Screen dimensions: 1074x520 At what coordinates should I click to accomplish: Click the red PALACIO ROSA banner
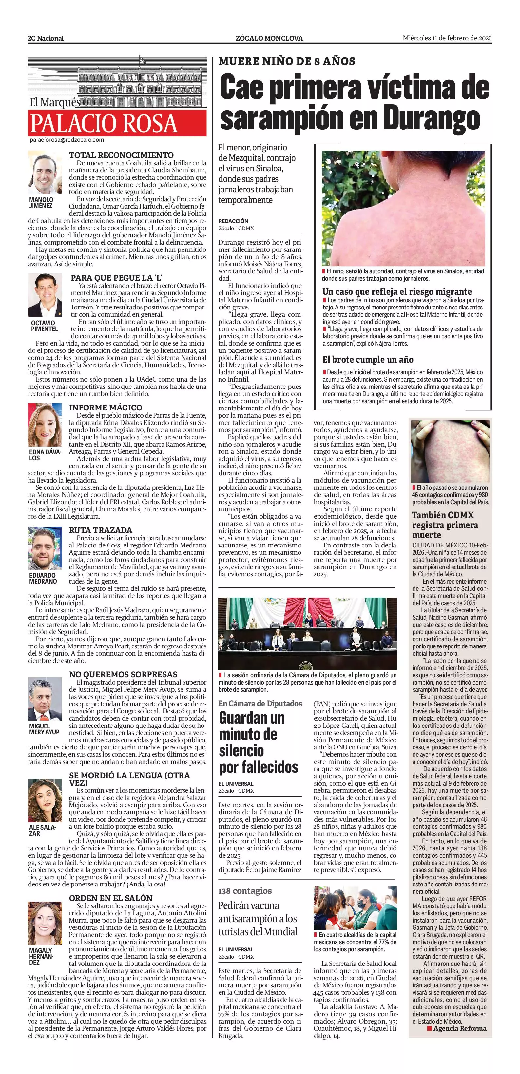117,123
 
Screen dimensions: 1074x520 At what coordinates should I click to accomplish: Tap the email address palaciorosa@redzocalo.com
67,140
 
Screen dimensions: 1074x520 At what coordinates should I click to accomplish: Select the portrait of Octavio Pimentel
45,295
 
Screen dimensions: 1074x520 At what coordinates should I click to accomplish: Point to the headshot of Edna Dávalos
45,425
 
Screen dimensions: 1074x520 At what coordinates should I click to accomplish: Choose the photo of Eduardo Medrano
45,549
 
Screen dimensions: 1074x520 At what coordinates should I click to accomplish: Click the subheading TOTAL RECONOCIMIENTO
121,155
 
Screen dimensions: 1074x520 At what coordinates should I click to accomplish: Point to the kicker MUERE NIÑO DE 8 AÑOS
287,61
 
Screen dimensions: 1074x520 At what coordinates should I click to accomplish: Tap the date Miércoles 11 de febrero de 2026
447,38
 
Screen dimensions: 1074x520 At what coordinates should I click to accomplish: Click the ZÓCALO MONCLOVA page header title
269,38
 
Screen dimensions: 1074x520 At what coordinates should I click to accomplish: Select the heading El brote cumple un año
368,359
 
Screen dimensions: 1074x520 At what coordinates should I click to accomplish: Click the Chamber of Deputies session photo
307,634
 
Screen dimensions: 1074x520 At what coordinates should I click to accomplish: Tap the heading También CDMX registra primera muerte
445,525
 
